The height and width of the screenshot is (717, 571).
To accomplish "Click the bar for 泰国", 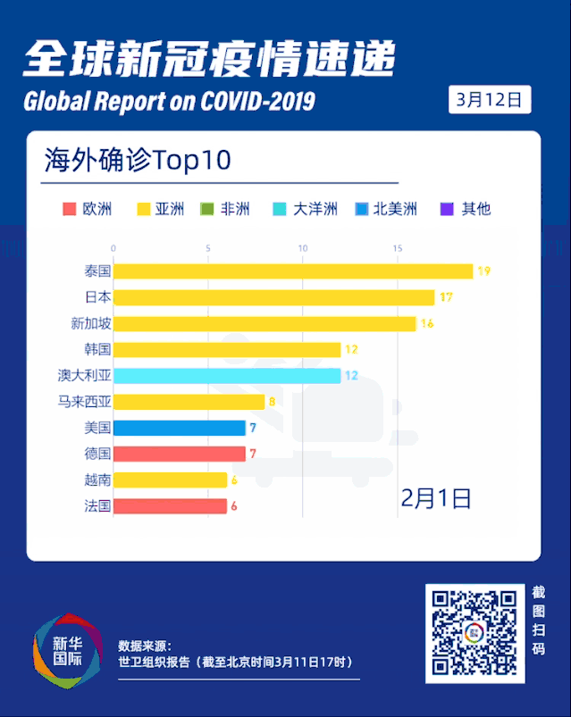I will [293, 271].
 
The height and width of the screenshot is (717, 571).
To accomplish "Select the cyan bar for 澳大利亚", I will [227, 375].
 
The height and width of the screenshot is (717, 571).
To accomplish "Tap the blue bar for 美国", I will [179, 428].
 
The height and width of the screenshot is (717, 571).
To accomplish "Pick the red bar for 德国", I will [179, 454].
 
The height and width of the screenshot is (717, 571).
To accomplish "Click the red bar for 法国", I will [170, 506].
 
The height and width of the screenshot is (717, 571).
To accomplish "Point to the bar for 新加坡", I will [265, 323].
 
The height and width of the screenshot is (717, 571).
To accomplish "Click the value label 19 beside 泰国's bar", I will [483, 271].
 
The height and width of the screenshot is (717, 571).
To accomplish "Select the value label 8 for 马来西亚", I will [272, 402].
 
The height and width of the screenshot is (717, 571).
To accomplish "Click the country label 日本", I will [97, 297].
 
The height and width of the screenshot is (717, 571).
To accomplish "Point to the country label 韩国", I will [97, 349].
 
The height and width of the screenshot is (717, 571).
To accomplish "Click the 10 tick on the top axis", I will [302, 248].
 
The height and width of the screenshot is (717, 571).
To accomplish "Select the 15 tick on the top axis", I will [397, 248].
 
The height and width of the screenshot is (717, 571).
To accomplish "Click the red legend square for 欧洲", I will [69, 210].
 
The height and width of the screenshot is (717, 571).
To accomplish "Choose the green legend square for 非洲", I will [206, 210].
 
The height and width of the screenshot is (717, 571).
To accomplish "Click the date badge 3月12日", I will [489, 100].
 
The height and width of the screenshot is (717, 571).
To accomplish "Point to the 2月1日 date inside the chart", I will [435, 497].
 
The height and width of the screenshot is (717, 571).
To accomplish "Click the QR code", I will [474, 632].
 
